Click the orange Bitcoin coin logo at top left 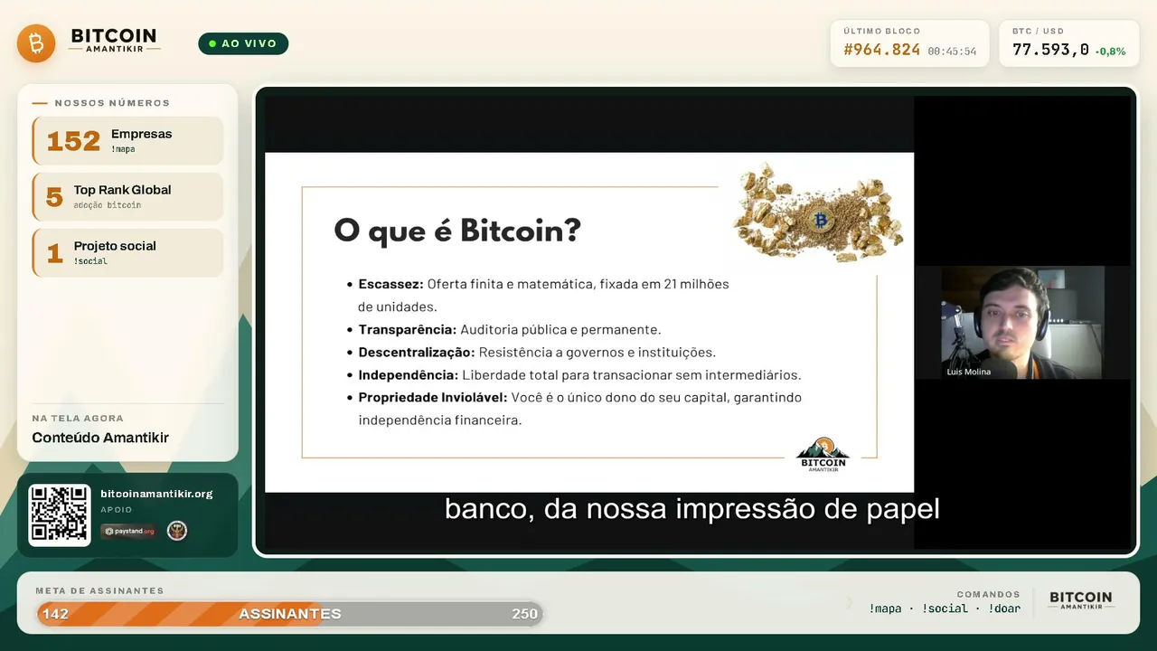(x=36, y=43)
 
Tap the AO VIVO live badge (x=243, y=43)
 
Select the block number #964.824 (x=881, y=50)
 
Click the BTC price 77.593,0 (x=1050, y=50)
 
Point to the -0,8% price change (x=1111, y=52)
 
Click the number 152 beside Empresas (x=73, y=141)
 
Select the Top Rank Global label (x=122, y=190)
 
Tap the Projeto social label (x=115, y=246)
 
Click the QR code (x=60, y=515)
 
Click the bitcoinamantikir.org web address (x=156, y=494)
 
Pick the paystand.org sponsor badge (x=129, y=531)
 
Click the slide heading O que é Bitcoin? (x=457, y=231)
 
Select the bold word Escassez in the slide (x=391, y=284)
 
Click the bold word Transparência (x=408, y=330)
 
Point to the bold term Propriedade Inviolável (x=433, y=397)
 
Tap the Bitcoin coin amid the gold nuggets (x=820, y=220)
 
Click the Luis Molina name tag (x=968, y=372)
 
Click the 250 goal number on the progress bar (x=524, y=614)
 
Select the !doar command (x=1004, y=609)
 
